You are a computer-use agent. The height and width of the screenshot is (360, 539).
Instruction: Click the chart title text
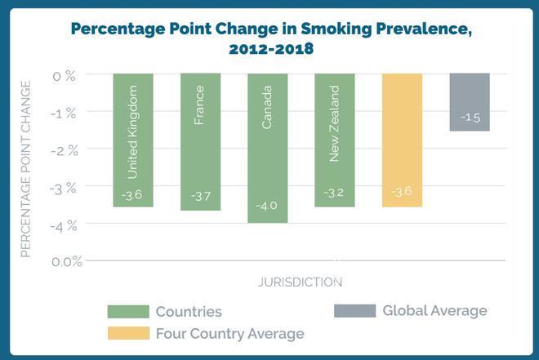tap(270, 38)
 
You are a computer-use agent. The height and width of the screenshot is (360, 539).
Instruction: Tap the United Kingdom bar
tap(133, 139)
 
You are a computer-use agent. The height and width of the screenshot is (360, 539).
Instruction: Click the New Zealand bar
tap(334, 139)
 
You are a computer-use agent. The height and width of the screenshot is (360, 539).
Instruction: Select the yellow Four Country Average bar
tap(401, 139)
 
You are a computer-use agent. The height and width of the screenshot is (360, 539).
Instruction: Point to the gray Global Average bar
tap(469, 101)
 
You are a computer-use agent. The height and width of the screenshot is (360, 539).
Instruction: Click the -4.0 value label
tap(267, 206)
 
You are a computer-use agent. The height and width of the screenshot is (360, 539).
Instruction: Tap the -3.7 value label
tap(200, 197)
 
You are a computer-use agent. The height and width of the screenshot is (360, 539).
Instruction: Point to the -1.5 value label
tap(470, 118)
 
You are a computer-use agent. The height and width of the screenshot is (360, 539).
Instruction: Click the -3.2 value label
tap(334, 193)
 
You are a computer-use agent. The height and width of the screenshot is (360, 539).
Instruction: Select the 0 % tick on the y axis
tap(65, 74)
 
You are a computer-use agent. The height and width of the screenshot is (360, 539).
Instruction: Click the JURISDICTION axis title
tap(300, 282)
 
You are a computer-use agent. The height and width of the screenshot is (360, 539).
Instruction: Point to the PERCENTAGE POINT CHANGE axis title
tap(25, 167)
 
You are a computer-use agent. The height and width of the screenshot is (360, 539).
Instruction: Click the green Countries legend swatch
tap(128, 312)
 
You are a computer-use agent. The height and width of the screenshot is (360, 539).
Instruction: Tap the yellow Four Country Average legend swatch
tap(128, 333)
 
